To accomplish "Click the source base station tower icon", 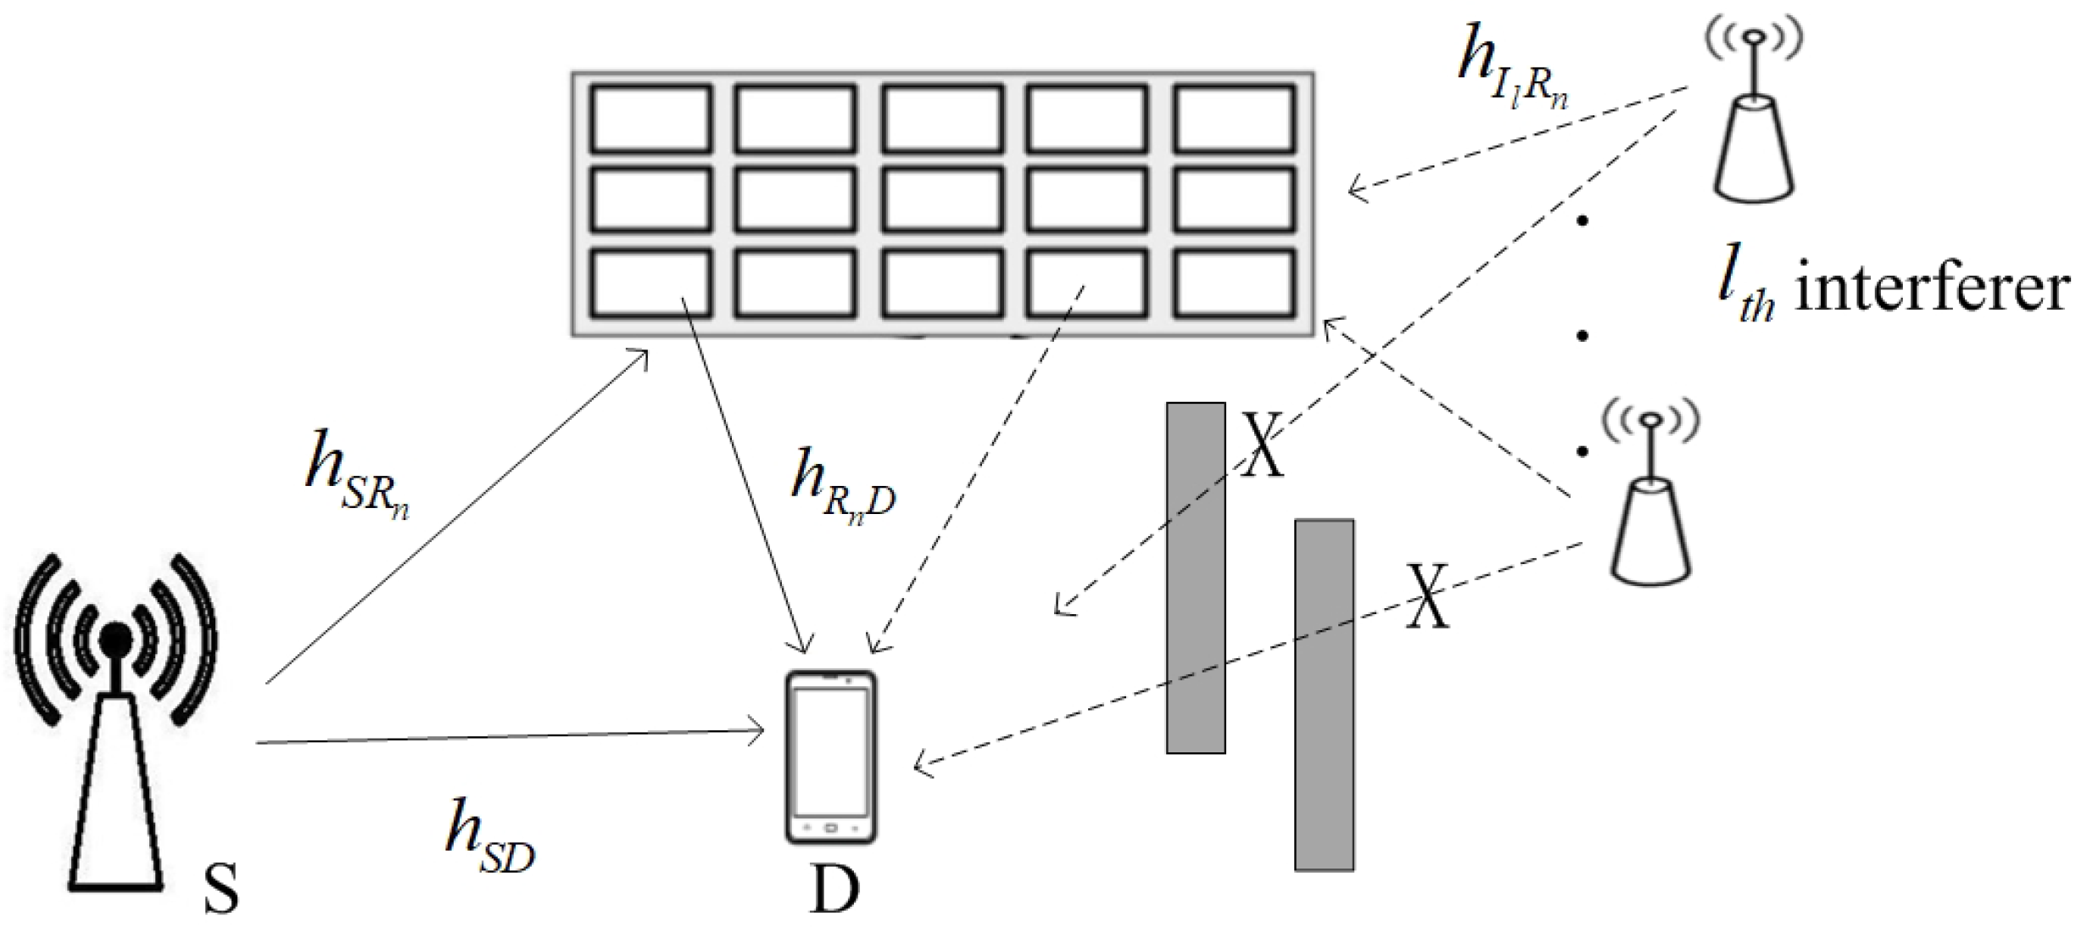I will [x=116, y=721].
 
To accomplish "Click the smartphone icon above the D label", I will [x=830, y=757].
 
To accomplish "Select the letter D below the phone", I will [x=834, y=891].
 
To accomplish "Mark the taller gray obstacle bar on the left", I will [x=1195, y=577].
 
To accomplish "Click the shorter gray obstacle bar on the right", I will [x=1323, y=695].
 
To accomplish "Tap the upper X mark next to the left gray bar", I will [x=1263, y=444].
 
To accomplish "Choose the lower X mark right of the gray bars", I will [x=1428, y=596].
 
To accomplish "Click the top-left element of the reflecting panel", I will [x=650, y=120].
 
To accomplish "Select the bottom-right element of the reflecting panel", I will [x=1235, y=284].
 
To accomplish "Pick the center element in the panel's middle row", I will [x=942, y=201].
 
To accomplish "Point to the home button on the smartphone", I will [x=830, y=827].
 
